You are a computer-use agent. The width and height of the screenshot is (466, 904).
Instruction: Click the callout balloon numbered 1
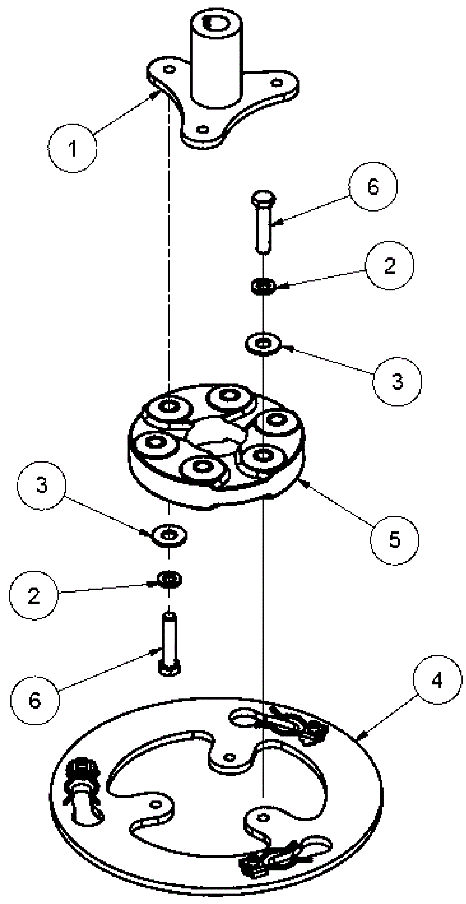pos(73,148)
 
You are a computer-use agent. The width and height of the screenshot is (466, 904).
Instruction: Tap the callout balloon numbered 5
pos(394,540)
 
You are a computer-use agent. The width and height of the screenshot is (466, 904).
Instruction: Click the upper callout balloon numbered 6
pos(373,186)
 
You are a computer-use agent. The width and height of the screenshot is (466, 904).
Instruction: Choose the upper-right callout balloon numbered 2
pos(389,266)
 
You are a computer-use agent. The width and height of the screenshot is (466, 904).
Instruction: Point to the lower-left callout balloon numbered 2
pos(34,595)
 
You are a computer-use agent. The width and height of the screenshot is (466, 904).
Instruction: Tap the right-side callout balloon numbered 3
pos(397,382)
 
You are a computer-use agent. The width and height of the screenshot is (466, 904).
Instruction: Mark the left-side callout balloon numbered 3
pos(41,486)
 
